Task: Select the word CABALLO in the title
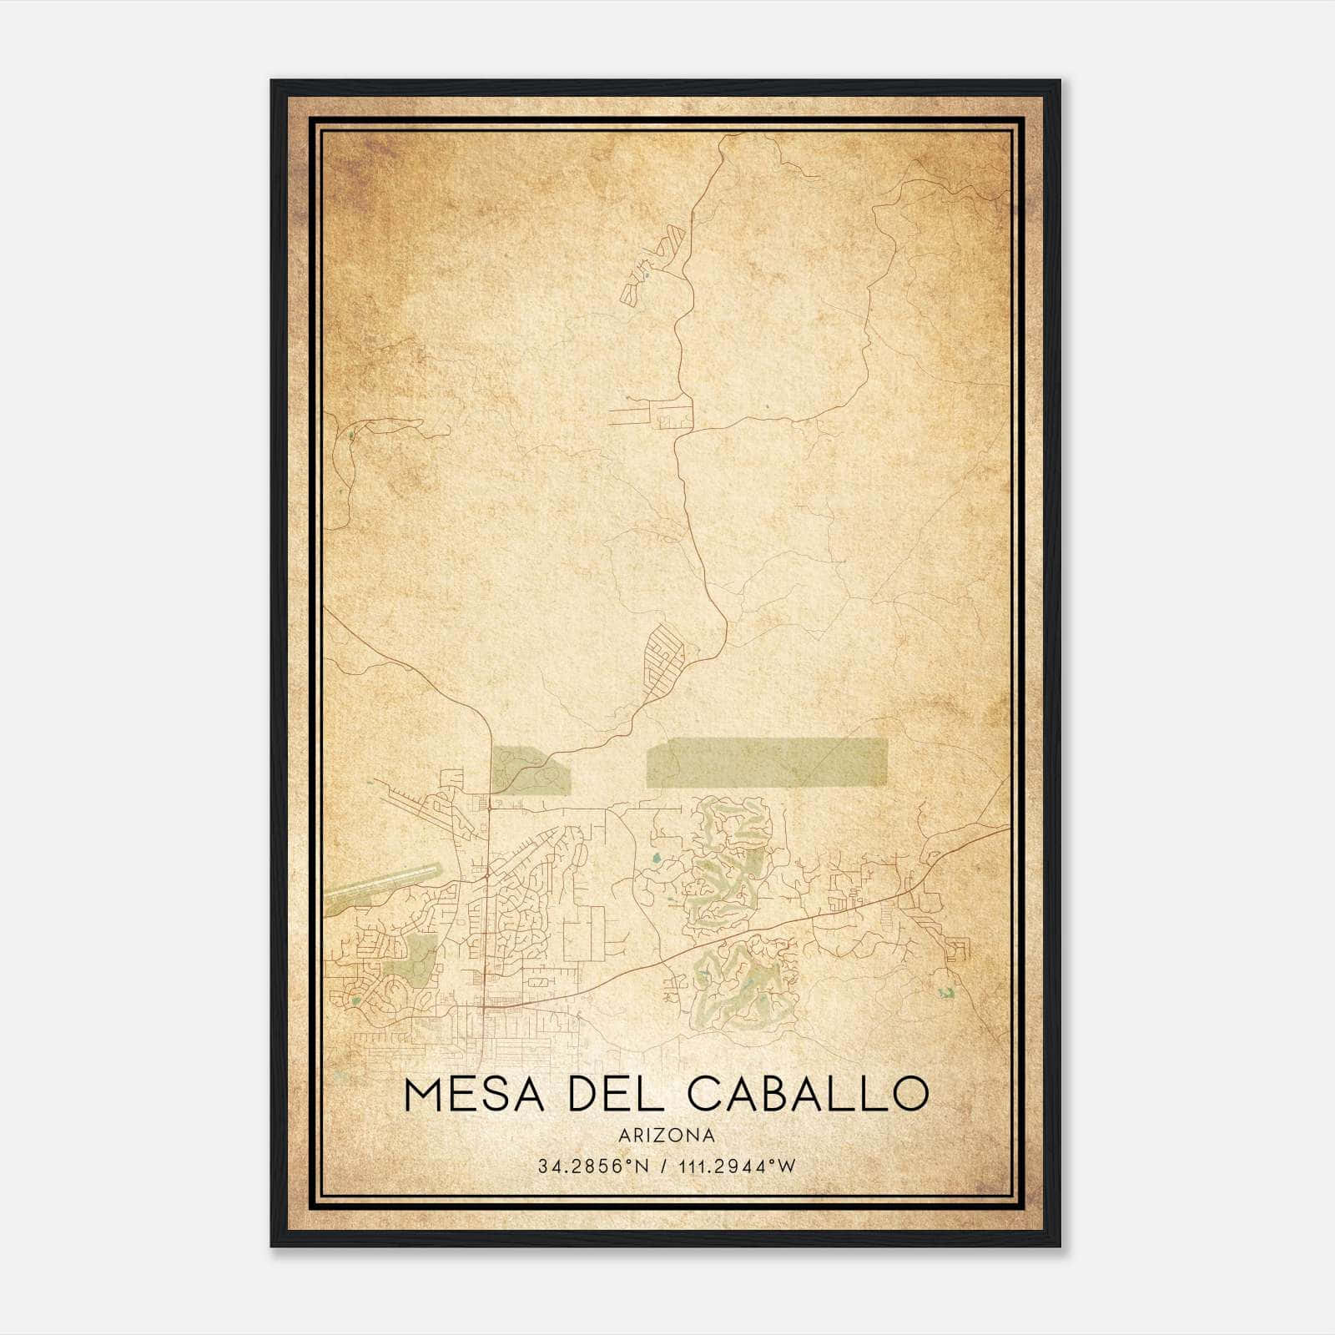(808, 1094)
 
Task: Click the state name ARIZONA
(667, 1136)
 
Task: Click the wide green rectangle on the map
(766, 763)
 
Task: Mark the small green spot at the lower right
(945, 993)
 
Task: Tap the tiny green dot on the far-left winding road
(351, 435)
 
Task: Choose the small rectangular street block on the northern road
(674, 416)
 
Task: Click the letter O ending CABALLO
(910, 1094)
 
